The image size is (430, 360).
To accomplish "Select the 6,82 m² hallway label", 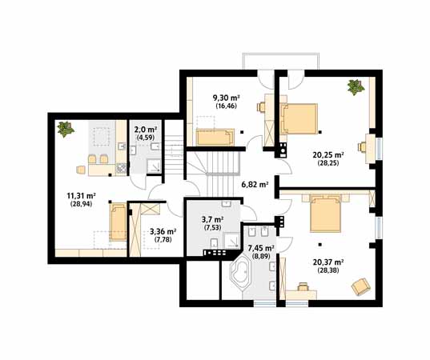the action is point(255,184).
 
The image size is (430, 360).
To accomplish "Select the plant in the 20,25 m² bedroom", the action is point(356,87).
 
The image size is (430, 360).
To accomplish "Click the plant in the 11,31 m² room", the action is point(66,129).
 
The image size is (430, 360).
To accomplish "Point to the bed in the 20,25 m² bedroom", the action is point(300,119).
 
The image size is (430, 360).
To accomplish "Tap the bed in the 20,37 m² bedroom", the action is point(326,214).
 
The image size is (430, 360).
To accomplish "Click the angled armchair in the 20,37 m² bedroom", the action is point(361,286).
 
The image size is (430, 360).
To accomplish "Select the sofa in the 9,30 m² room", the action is point(215,137).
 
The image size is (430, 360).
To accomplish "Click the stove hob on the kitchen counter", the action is point(121,169).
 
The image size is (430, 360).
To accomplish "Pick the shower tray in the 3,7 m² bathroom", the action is point(232,241).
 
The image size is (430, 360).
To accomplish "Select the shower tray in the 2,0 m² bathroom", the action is point(154,166).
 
